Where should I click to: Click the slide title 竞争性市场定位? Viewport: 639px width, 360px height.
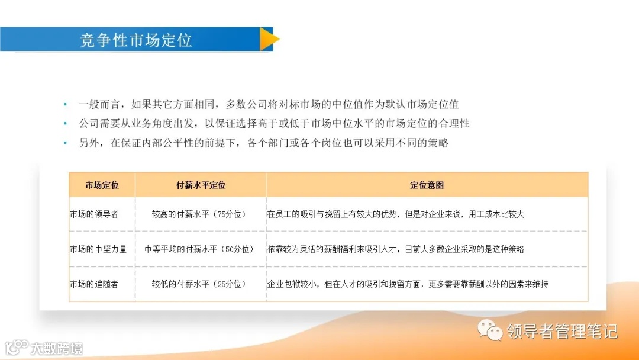coord(136,40)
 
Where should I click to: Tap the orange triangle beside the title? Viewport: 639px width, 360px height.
coord(269,39)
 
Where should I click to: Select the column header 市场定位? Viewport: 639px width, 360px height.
coord(102,185)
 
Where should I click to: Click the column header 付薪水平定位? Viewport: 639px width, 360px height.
coord(201,185)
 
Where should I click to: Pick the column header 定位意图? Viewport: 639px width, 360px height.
coord(427,185)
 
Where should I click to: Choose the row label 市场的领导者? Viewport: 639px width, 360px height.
coord(94,214)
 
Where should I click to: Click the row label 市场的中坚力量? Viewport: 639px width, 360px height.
coord(98,249)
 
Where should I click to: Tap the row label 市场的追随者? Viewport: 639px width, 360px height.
coord(94,284)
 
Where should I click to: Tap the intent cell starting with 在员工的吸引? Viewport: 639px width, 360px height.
coord(396,214)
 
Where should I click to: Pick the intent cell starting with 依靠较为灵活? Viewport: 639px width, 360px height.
coord(396,249)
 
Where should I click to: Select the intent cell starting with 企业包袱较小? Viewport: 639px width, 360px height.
coord(408,284)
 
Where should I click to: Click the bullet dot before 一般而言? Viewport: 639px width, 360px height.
coord(65,105)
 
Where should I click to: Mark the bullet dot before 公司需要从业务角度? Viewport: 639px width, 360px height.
coord(65,124)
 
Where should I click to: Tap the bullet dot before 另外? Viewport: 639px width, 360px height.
coord(65,143)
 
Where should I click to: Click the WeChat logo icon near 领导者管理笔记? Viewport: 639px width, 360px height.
coord(490,330)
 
